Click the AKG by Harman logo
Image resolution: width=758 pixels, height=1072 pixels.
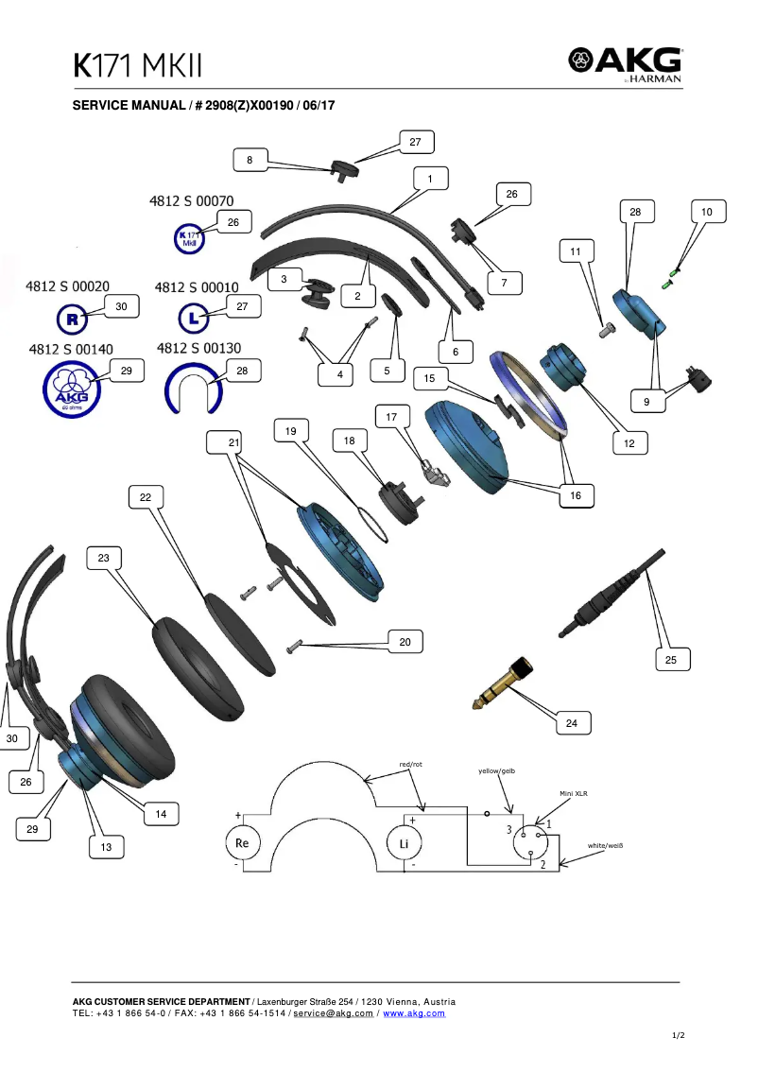coord(625,64)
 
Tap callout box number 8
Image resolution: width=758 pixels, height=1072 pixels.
coord(250,161)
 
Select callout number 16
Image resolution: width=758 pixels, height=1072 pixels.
coord(576,495)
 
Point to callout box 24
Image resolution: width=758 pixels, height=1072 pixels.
coord(571,723)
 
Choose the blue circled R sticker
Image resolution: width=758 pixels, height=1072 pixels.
coord(73,320)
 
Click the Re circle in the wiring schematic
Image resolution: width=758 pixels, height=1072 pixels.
coord(241,842)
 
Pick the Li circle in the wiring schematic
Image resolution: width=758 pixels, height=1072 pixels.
coord(404,842)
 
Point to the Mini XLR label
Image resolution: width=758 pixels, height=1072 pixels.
coord(574,794)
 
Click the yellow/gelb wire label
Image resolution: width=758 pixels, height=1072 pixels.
coord(497,771)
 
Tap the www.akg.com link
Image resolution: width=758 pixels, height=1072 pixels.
coord(414,1013)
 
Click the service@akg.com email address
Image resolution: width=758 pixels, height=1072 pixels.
coord(334,1013)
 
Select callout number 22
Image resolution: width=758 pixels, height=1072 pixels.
coord(146,497)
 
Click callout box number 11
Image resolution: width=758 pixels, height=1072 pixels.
coord(576,251)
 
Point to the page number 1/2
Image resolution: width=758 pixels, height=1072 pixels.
coord(678,1036)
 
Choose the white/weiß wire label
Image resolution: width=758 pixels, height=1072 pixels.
coord(605,845)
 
